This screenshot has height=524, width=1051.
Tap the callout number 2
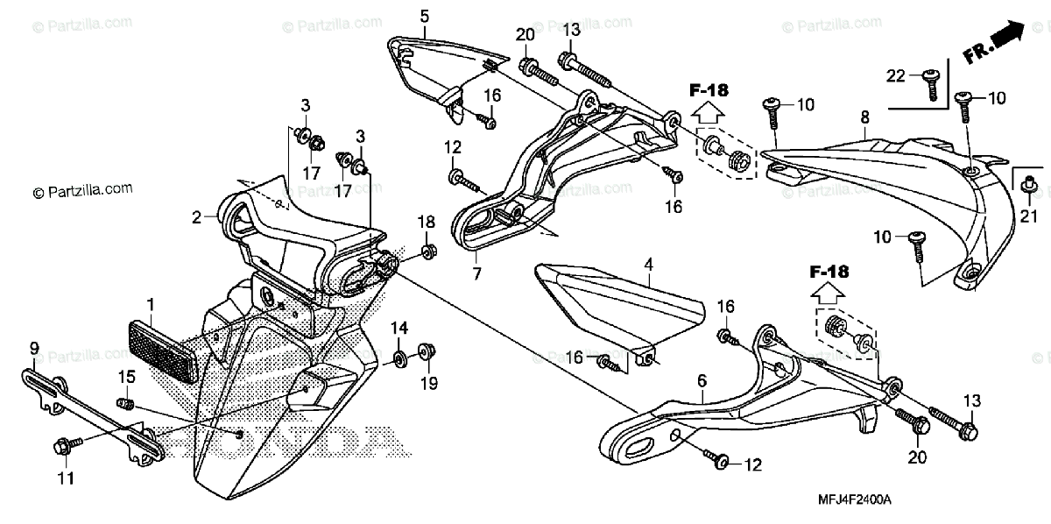197,215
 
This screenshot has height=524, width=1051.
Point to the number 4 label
648,263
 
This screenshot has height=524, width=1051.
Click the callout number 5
425,16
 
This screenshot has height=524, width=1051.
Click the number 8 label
864,117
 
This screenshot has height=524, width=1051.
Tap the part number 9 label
34,349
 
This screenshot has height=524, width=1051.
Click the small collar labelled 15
126,404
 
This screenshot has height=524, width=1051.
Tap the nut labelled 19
428,351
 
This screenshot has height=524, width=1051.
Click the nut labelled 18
427,252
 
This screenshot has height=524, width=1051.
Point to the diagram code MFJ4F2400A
855,499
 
